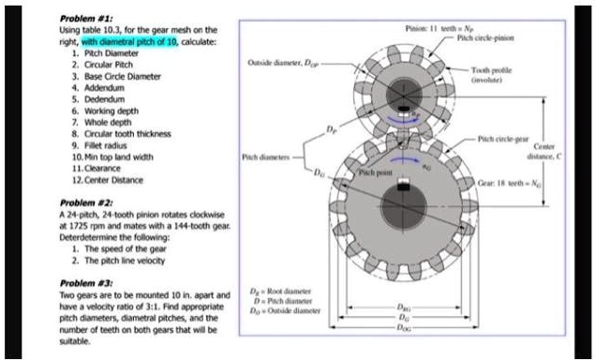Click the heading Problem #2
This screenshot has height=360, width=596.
click(x=85, y=201)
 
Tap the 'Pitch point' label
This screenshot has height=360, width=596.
click(x=368, y=175)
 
